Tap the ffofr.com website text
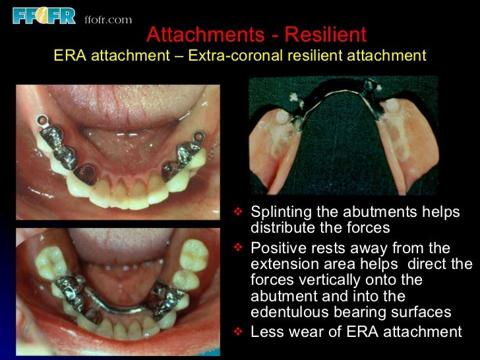coord(108,20)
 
